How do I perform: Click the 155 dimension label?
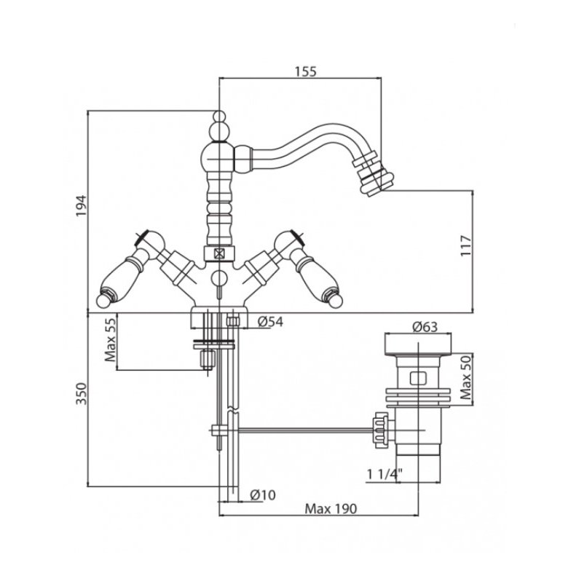coord(305,71)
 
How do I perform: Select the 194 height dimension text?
coord(81,205)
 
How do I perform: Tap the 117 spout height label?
coord(465,245)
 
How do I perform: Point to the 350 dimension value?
coord(81,393)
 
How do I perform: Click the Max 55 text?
coord(110,339)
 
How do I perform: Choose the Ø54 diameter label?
coord(270,322)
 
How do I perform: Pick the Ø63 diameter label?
coord(425,326)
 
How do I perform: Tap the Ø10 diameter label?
coord(263,495)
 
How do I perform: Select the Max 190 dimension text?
coord(331,509)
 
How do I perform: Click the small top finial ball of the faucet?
coord(218,116)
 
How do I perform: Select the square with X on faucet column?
coord(219,253)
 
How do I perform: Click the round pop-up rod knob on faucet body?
coord(219,278)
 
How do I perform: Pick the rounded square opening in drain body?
coord(418,378)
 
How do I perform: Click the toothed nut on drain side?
coord(381,430)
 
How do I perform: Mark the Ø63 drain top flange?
coord(418,344)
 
